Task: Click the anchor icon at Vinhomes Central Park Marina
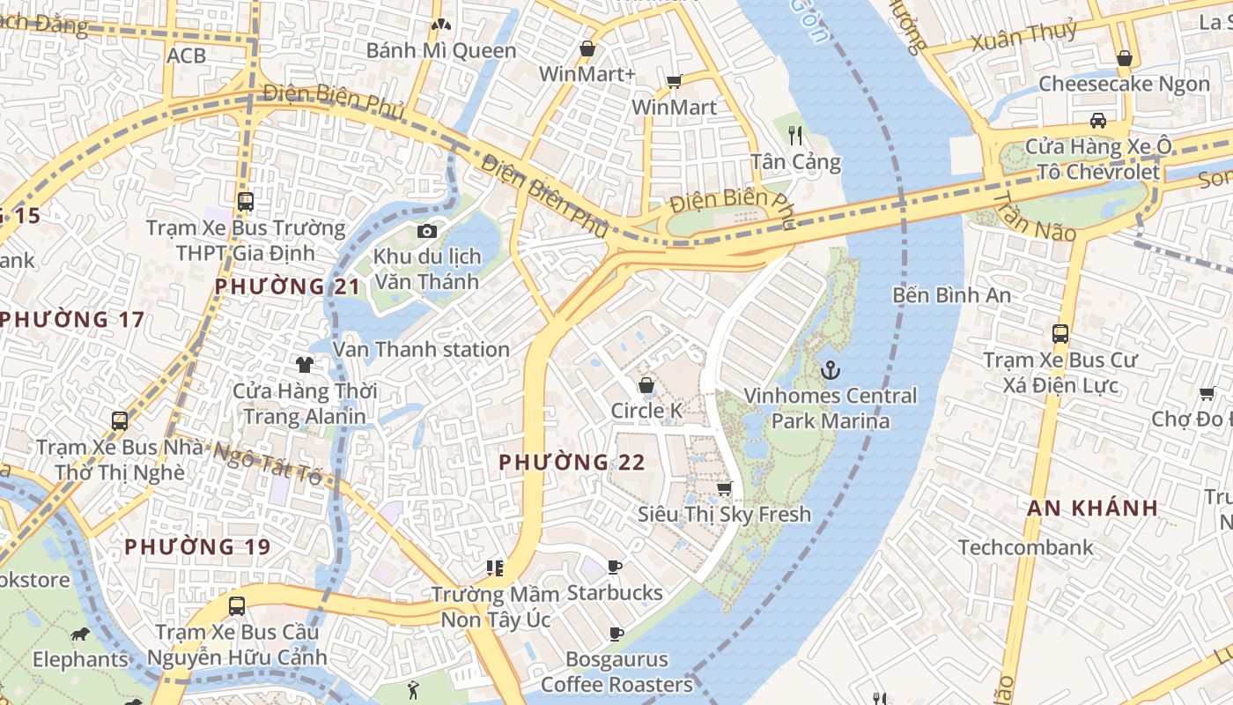830,370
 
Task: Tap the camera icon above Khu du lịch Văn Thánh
427,231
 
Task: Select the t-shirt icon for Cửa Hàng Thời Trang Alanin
305,364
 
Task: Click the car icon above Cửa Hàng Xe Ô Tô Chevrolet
1098,120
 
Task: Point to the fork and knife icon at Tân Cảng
796,135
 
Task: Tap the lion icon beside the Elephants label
80,634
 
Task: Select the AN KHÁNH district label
1092,508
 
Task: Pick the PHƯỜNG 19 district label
197,546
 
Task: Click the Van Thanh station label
421,349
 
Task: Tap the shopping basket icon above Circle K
646,385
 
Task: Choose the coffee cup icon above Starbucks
615,566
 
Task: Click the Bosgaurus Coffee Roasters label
616,672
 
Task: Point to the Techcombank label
1026,547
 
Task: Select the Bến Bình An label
951,294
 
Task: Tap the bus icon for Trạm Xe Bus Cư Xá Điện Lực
1060,334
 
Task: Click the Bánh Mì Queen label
441,50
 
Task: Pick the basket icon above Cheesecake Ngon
1125,58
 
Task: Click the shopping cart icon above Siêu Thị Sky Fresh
724,488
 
